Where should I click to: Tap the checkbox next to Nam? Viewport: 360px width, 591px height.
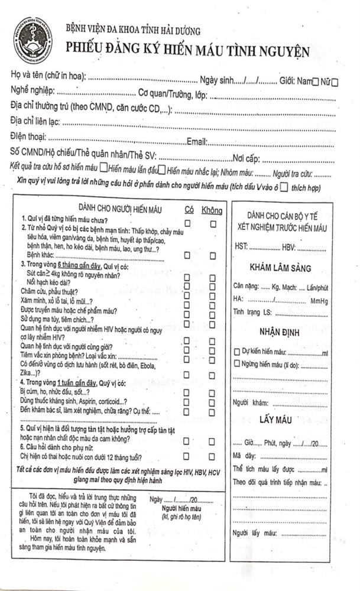pyautogui.click(x=315, y=82)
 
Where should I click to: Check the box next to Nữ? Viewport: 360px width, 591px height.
pyautogui.click(x=335, y=82)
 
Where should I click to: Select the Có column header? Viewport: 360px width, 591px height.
pyautogui.click(x=189, y=210)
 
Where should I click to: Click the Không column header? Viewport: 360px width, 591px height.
pyautogui.click(x=212, y=210)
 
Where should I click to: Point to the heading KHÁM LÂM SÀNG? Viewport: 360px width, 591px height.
pyautogui.click(x=280, y=268)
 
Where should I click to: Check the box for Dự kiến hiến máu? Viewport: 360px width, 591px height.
pyautogui.click(x=237, y=353)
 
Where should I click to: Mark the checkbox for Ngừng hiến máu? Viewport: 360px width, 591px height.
pyautogui.click(x=237, y=363)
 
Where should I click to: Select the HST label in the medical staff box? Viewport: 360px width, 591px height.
pyautogui.click(x=241, y=246)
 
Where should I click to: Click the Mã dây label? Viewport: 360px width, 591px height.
pyautogui.click(x=244, y=456)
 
